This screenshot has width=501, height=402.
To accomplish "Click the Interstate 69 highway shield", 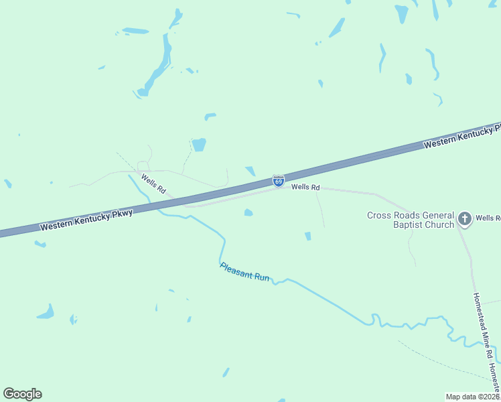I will pos(279,181).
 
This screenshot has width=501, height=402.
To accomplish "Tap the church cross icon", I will pos(464,218).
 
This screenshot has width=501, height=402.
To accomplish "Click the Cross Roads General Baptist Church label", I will pos(410,220).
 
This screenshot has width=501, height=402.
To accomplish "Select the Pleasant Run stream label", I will pos(245,271).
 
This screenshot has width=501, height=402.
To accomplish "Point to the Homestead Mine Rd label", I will pos(484,326).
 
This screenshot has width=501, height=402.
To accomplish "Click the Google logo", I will pos(22,394).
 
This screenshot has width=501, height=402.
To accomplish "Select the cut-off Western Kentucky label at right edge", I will pos(462,135).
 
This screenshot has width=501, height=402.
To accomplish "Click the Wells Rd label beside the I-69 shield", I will pos(305,188).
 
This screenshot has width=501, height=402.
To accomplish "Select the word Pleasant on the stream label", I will pos(235,268).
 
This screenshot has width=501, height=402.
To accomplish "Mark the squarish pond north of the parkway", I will pos(198,144).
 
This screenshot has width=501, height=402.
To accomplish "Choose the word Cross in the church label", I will pos(378,215).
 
